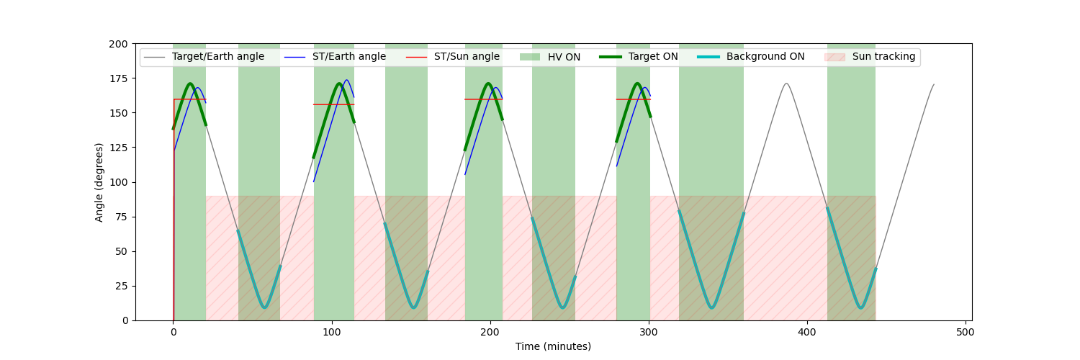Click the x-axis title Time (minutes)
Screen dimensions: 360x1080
[x=553, y=346]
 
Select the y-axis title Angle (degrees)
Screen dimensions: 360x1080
[x=99, y=182]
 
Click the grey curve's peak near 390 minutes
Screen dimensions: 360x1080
[x=786, y=84]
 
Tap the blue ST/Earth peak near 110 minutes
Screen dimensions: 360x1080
[x=346, y=80]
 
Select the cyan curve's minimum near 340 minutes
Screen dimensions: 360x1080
[x=711, y=307]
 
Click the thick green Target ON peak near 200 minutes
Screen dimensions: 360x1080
[x=488, y=84]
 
